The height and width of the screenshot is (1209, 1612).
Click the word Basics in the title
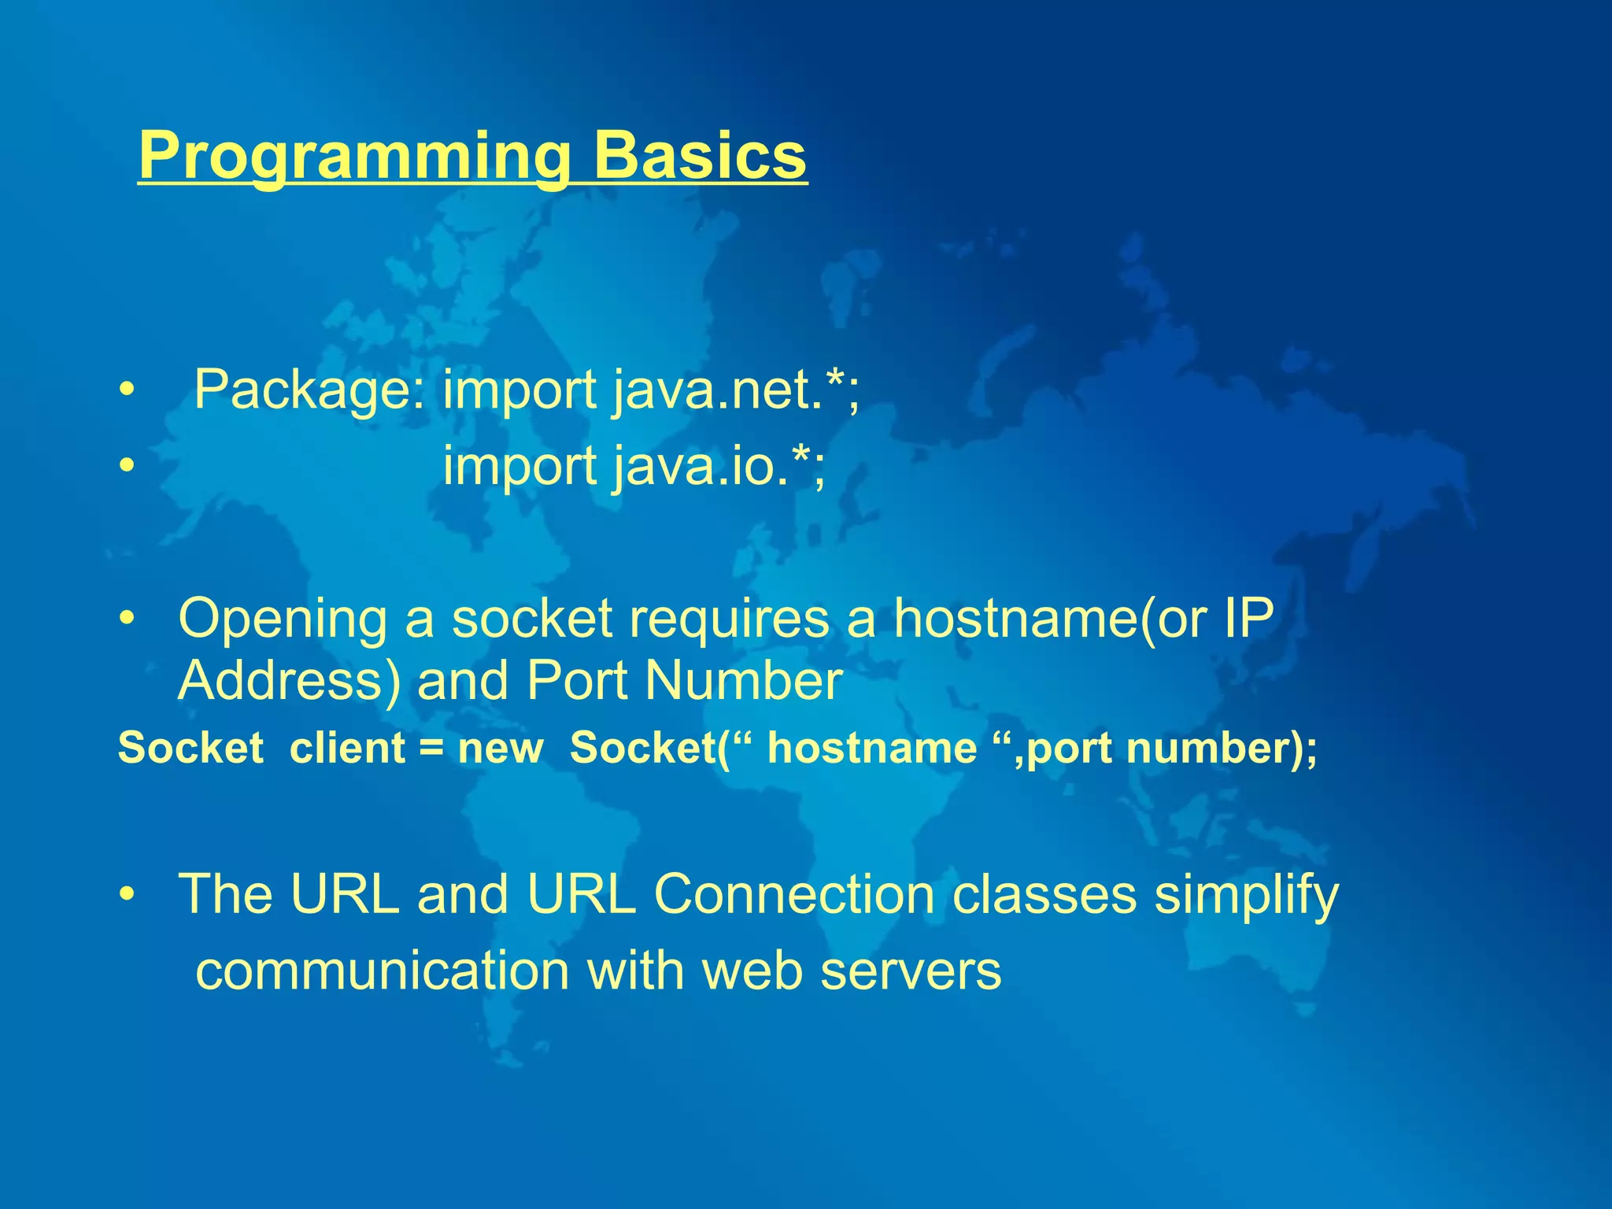[x=700, y=156]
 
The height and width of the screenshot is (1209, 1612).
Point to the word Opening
[x=283, y=619]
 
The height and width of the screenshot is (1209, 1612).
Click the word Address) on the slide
[x=290, y=681]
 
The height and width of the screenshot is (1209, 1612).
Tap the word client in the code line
[x=346, y=748]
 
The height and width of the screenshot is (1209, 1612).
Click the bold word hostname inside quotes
[x=872, y=748]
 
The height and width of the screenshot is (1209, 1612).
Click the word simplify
[x=1246, y=895]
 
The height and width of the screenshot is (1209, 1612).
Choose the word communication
[x=383, y=971]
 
